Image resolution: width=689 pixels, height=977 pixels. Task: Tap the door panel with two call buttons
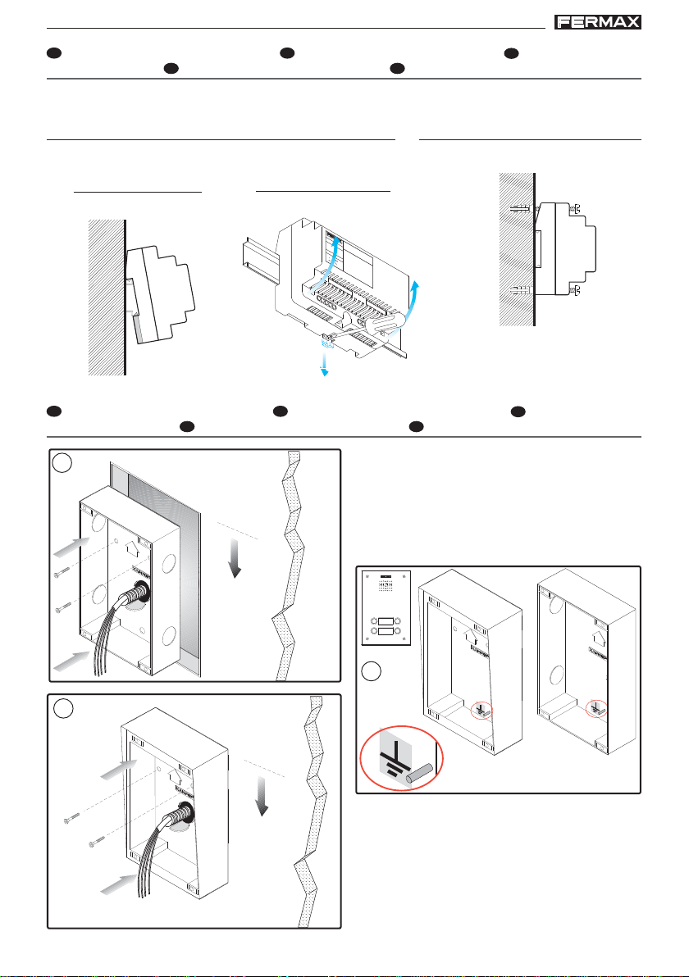click(386, 608)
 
